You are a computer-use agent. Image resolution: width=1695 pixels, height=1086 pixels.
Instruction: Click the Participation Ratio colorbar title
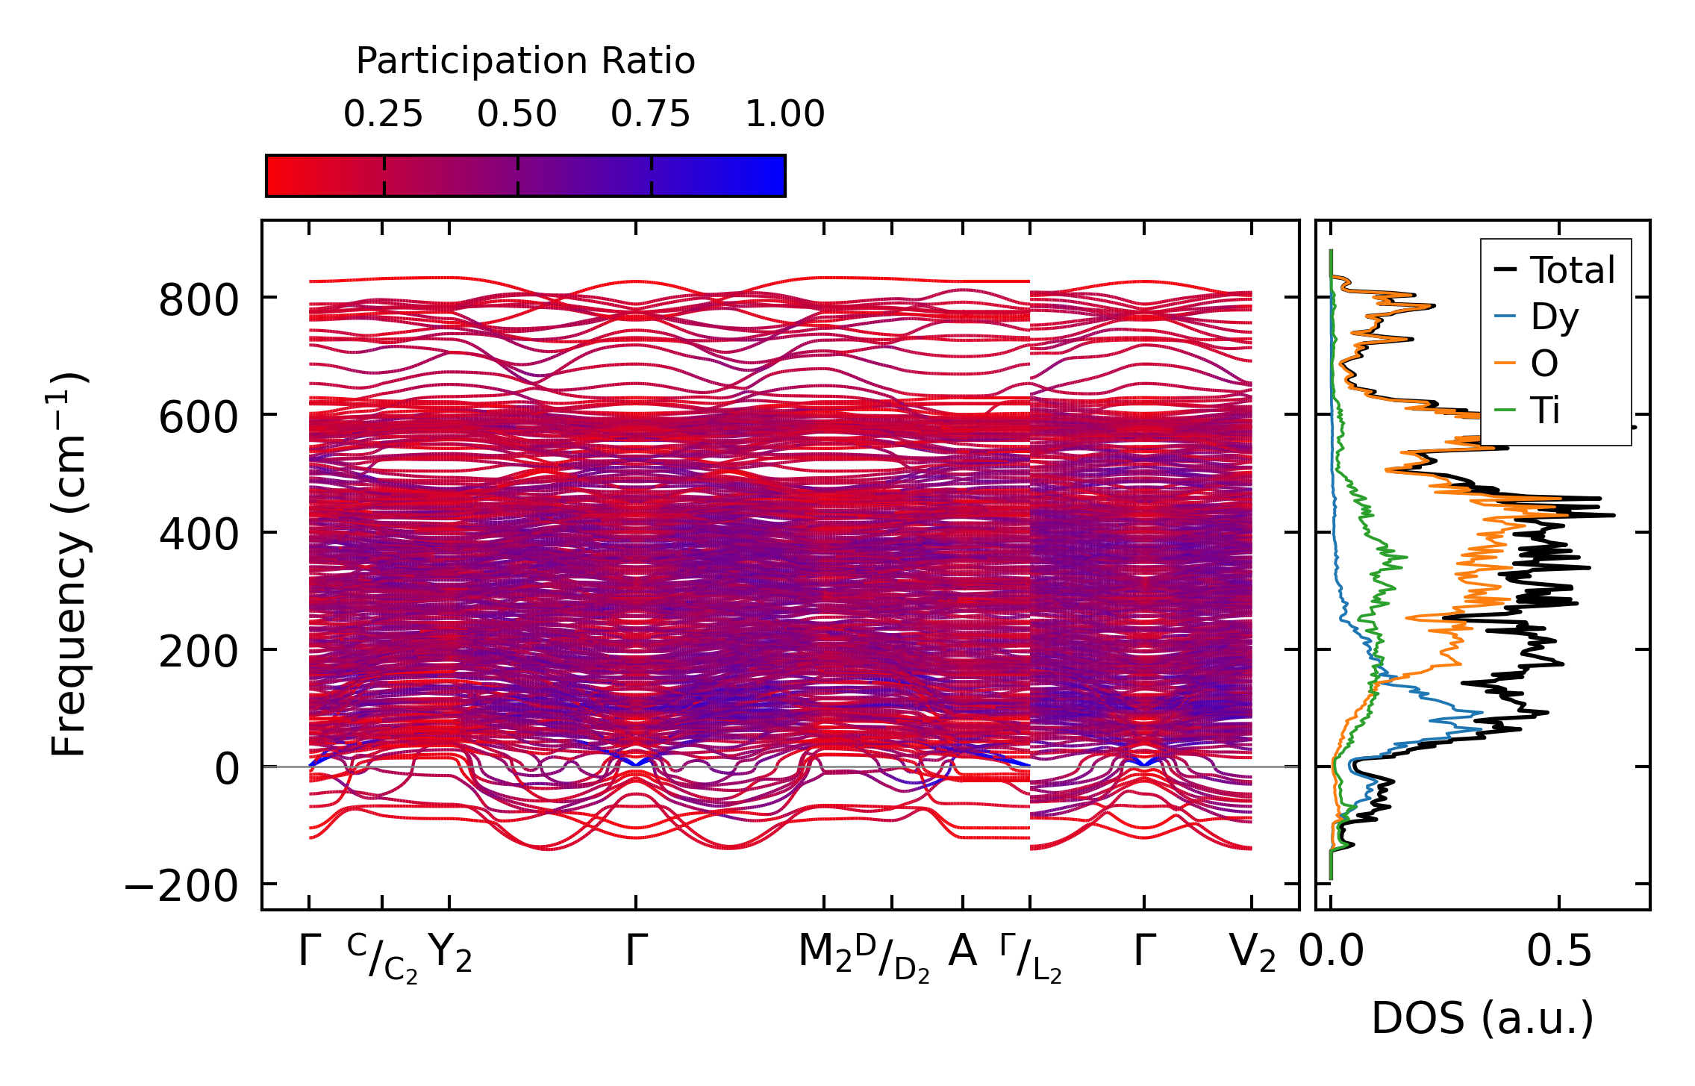coord(525,61)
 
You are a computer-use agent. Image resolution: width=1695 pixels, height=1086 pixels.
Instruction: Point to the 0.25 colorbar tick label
coord(383,115)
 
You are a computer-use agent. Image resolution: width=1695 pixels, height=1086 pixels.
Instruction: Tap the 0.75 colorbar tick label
coord(650,115)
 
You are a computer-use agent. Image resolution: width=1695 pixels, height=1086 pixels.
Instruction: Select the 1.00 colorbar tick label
coord(784,115)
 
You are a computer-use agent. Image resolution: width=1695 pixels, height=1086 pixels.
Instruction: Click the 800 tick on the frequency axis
coord(188,301)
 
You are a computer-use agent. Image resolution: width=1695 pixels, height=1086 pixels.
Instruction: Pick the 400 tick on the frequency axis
coord(188,535)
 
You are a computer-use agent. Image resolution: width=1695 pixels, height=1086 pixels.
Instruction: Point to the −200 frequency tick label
coord(181,887)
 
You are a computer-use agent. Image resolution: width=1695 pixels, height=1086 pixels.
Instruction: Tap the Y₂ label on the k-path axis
coord(450,953)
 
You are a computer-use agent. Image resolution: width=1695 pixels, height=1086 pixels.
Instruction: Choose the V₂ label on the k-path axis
coord(1252,953)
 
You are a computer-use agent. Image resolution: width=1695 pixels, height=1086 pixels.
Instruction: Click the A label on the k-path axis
coord(962,952)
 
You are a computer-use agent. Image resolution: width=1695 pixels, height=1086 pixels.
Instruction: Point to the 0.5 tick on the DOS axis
coord(1558,952)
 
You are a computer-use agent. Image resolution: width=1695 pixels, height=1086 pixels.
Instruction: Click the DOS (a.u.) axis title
coord(1482,1019)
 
